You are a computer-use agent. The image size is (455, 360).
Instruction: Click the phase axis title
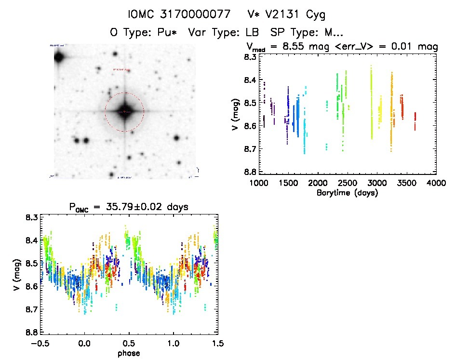click(x=129, y=353)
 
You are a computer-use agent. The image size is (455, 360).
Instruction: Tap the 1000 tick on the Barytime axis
click(x=259, y=183)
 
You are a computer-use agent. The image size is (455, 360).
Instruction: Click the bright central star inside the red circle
click(x=124, y=111)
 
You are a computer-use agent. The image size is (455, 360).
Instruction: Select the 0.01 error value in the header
click(x=403, y=47)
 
